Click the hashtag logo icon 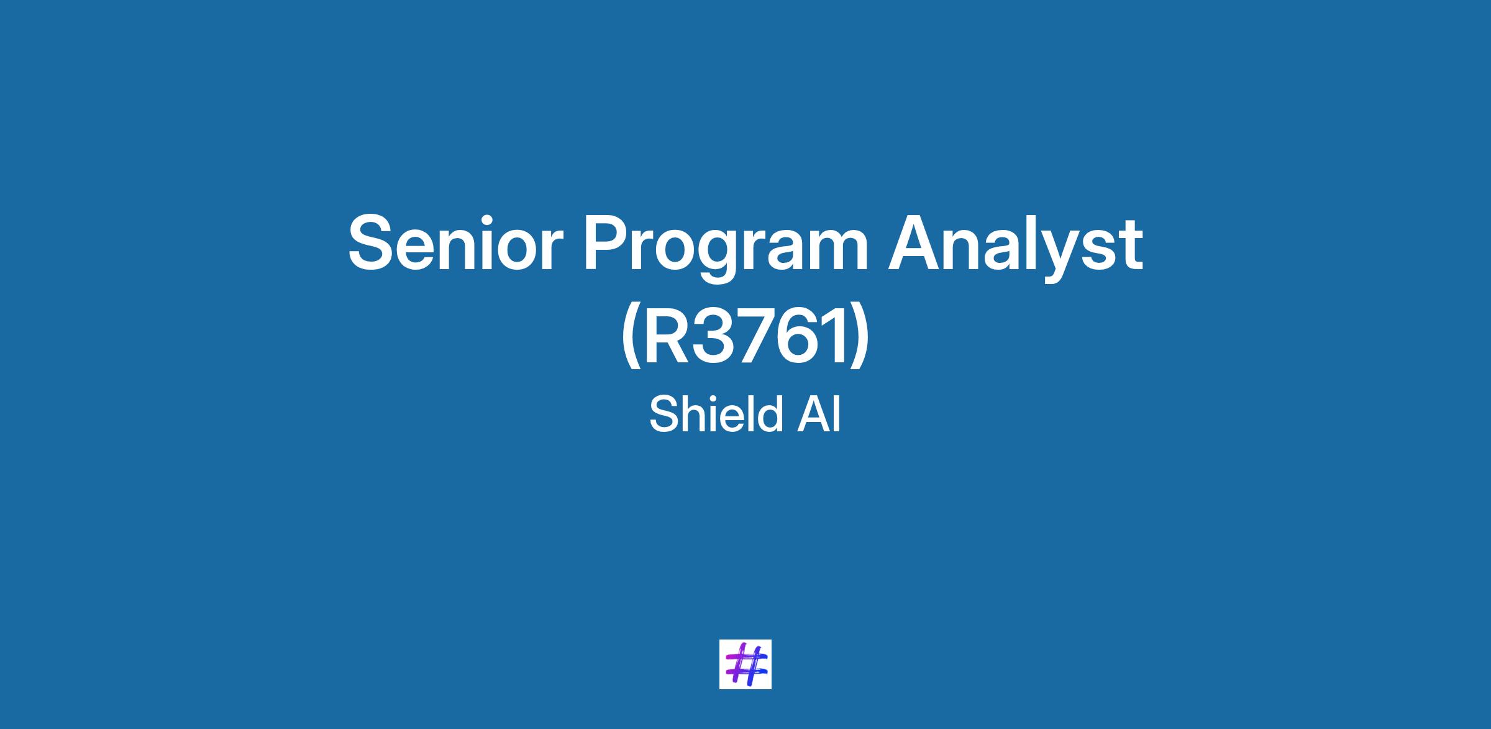(x=745, y=664)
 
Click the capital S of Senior (x=372, y=243)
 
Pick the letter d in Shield (x=768, y=414)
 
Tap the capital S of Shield (x=663, y=415)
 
